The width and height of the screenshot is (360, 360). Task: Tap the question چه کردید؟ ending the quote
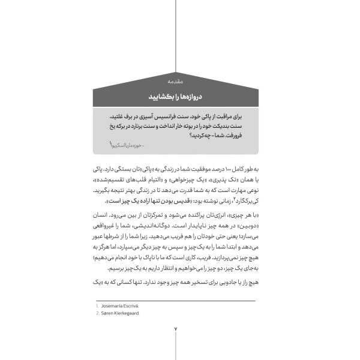click(x=182, y=136)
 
